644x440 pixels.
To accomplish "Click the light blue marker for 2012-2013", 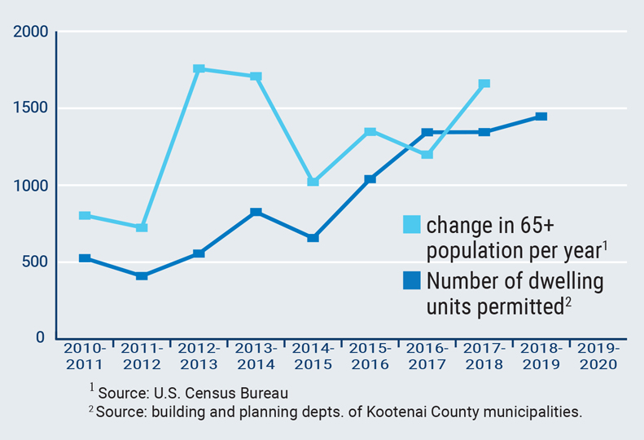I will point(199,69).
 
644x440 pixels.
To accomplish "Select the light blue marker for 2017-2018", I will point(484,84).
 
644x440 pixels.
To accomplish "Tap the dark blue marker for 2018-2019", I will point(541,117).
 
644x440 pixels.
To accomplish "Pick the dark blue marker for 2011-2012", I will point(142,276).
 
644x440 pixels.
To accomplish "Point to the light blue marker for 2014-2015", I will point(313,182).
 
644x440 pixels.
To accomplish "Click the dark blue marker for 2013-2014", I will point(256,213).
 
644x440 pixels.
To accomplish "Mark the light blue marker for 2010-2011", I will point(85,216).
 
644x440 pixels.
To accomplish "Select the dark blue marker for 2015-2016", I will point(370,179).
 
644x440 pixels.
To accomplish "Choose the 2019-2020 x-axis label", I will point(598,356).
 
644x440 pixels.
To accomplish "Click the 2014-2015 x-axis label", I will point(313,356).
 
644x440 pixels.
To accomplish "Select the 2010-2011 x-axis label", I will point(85,356).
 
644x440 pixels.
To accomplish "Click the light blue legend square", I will point(413,224).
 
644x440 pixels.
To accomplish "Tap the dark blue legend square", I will point(413,282).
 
